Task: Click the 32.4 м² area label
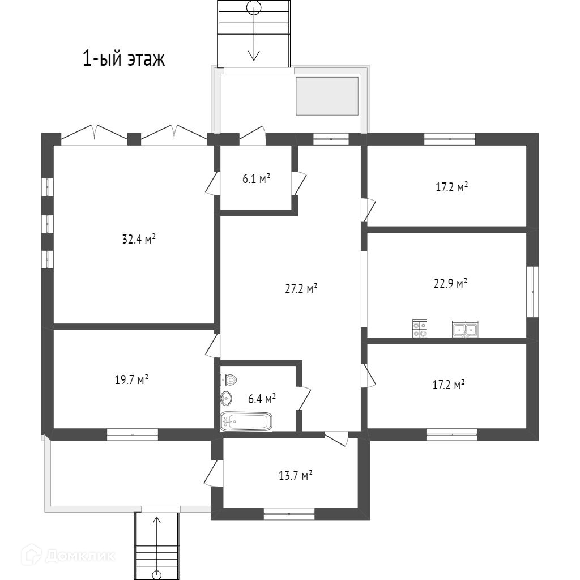coord(139,239)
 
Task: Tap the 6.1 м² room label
coord(256,179)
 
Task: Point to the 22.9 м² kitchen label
coord(450,283)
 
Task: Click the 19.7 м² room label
coord(131,379)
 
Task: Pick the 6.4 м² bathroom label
coord(262,399)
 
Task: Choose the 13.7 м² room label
coord(296,476)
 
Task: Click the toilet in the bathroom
coord(228,379)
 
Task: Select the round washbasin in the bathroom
coord(226,398)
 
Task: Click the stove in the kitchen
coord(420,329)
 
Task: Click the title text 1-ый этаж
coord(124,58)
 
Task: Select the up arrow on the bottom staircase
coord(157,532)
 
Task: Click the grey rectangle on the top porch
coord(327,95)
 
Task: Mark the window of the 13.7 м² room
coord(289,514)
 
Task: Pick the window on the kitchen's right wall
coord(532,292)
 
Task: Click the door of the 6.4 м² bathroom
coord(302,398)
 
